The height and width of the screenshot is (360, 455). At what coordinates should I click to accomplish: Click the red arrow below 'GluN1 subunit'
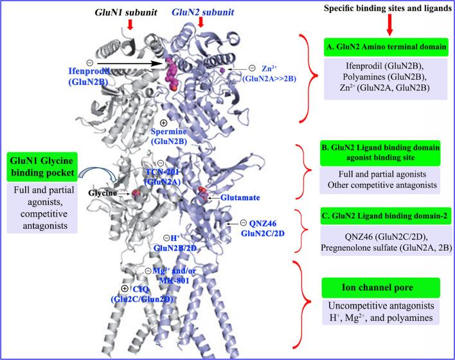click(x=130, y=25)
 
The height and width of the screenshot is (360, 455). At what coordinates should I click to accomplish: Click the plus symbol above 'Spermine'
click(x=165, y=123)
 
